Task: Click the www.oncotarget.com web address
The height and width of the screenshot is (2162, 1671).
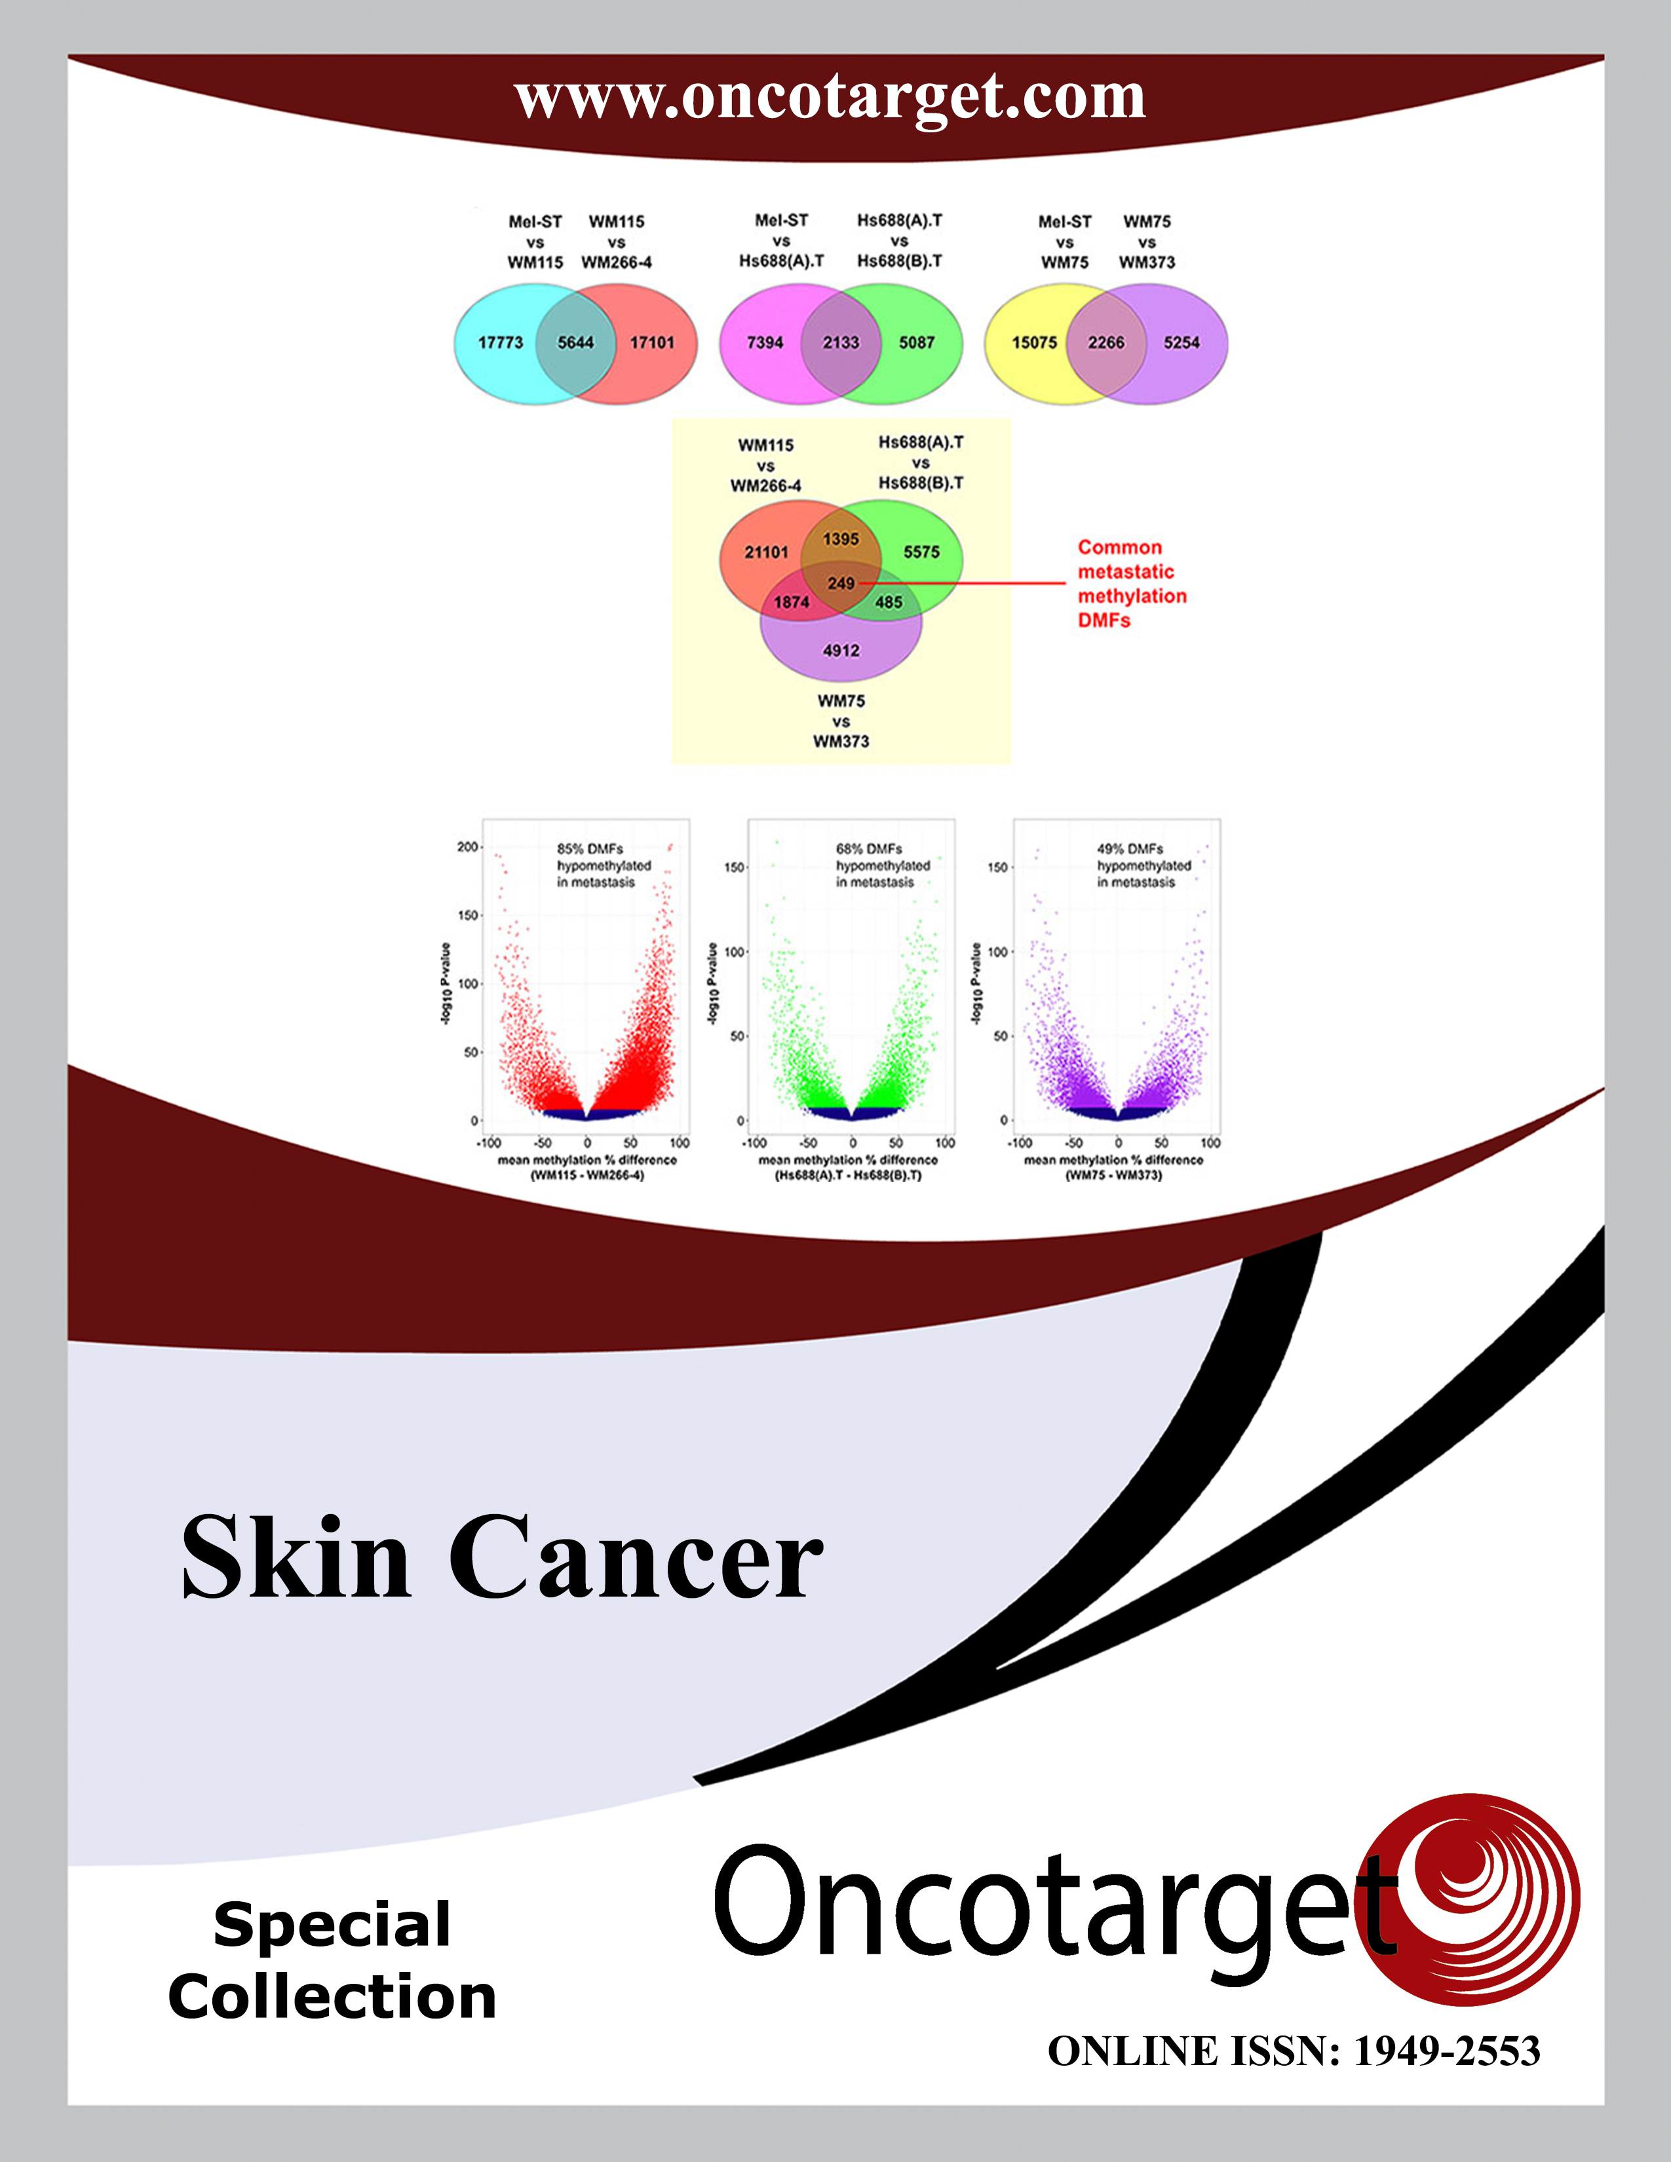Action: tap(830, 98)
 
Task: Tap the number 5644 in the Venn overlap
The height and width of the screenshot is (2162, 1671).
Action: tap(575, 343)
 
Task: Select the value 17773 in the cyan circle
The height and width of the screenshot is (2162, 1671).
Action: tap(500, 343)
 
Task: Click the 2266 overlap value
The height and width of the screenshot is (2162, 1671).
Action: tap(1105, 343)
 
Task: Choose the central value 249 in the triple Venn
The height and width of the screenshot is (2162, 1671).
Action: tap(841, 583)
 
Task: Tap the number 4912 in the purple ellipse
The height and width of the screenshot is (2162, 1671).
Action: tap(841, 651)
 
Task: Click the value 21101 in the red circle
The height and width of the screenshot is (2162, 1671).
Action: tap(766, 552)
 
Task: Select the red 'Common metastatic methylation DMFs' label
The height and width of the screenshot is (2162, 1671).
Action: tap(1132, 584)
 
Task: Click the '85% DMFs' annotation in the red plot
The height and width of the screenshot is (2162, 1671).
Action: tap(590, 848)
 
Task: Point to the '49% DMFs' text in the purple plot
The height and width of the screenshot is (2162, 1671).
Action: tap(1130, 848)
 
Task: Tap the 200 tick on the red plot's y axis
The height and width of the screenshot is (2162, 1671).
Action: tap(467, 847)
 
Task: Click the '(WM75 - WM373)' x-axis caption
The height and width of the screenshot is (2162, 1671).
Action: tap(1113, 1175)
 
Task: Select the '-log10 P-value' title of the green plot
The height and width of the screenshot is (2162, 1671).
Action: tap(712, 983)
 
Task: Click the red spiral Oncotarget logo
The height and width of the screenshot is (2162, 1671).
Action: tap(1473, 1900)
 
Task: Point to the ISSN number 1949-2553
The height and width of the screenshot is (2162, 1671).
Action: tap(1448, 2051)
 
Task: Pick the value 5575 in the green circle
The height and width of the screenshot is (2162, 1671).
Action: tap(921, 552)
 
